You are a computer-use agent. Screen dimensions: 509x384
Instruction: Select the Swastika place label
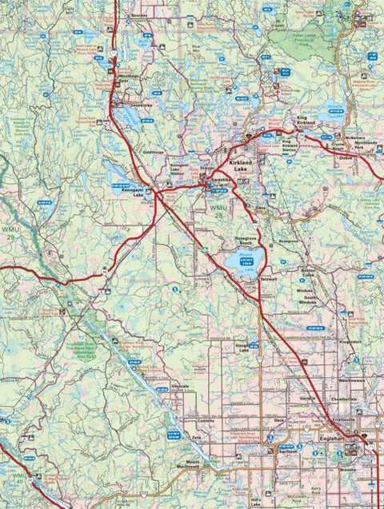pos(219,182)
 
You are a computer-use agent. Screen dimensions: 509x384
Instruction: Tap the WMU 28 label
pos(218,209)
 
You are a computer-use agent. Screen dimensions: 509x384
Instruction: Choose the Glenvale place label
pos(180,385)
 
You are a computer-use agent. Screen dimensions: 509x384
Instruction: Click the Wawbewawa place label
pos(356,380)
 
